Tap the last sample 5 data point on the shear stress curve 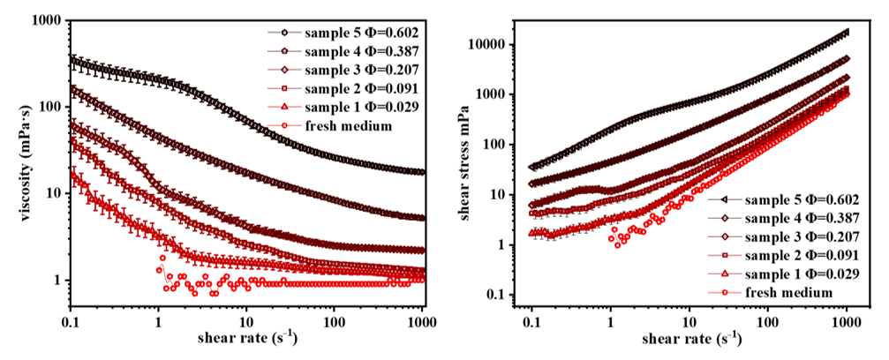tap(847, 32)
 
